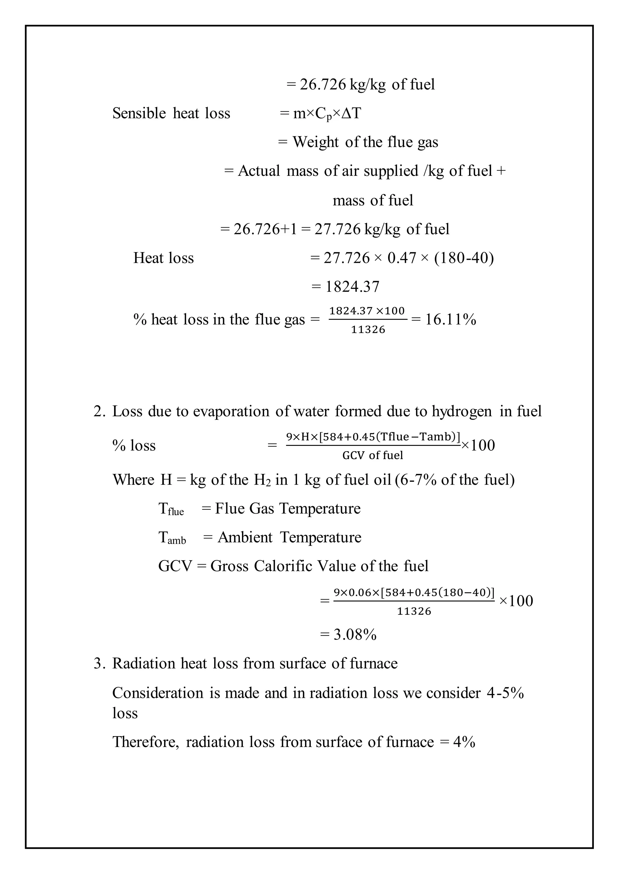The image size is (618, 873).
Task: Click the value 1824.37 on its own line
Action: [x=352, y=287]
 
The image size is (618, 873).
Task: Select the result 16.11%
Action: [x=451, y=320]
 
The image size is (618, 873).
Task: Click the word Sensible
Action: [x=139, y=113]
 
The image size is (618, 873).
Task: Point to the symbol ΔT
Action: [x=351, y=113]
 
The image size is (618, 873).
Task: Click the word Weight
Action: [x=315, y=142]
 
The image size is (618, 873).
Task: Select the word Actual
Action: [x=259, y=171]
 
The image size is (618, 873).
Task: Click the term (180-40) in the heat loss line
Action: [x=464, y=258]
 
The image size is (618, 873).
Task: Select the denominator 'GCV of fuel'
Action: [x=373, y=455]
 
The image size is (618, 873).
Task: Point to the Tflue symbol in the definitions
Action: [x=171, y=509]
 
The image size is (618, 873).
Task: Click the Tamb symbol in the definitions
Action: [x=172, y=538]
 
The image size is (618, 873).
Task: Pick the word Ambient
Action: [x=245, y=537]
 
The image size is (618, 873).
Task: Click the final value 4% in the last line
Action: [x=464, y=742]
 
